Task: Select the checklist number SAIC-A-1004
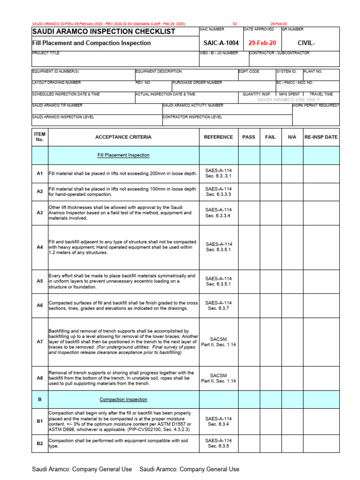pos(219,43)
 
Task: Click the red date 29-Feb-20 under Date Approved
pos(262,43)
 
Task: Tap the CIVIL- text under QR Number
pos(307,43)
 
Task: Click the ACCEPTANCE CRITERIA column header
pos(123,137)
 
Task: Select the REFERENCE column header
pos(218,137)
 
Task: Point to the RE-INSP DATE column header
pos(321,137)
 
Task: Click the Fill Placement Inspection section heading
pos(123,155)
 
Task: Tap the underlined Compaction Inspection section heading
pos(123,399)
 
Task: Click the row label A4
pos(40,247)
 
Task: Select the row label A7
pos(40,342)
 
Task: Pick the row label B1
pos(40,421)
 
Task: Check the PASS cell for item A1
pos(248,173)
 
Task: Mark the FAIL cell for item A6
pos(270,306)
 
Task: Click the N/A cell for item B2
pos(292,443)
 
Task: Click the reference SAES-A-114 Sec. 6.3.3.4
pos(218,213)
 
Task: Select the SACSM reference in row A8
pos(218,378)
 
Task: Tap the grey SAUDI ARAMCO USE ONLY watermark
pos(289,100)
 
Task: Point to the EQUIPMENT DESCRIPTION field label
pos(158,72)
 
